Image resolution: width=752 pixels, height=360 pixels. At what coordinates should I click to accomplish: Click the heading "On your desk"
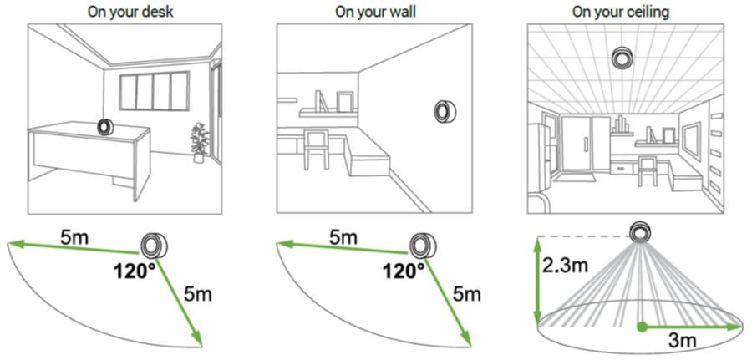click(130, 12)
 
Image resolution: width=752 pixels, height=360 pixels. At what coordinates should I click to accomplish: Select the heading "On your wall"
click(375, 12)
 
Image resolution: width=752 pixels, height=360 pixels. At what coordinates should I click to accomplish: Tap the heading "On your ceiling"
click(621, 12)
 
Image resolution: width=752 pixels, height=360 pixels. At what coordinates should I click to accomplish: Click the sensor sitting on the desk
click(105, 127)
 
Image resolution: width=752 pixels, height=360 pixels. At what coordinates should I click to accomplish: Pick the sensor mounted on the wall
click(445, 112)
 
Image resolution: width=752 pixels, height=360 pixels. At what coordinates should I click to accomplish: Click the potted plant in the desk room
click(199, 142)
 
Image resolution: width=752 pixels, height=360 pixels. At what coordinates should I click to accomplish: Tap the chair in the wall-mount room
click(317, 150)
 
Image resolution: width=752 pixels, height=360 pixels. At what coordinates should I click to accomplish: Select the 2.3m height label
click(565, 264)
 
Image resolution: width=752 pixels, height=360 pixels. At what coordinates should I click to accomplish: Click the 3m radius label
click(682, 340)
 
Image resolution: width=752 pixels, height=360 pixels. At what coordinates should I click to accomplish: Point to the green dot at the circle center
click(641, 327)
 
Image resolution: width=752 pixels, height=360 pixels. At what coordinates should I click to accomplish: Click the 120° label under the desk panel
click(135, 271)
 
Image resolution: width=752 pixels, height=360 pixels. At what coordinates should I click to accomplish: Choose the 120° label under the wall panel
click(404, 271)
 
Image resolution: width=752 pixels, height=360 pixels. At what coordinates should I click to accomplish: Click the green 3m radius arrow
click(691, 327)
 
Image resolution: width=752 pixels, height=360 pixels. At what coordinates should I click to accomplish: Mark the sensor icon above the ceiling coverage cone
click(640, 231)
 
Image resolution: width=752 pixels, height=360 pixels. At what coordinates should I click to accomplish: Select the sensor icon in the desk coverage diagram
click(154, 246)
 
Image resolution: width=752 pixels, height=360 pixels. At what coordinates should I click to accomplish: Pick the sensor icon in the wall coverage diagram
click(423, 246)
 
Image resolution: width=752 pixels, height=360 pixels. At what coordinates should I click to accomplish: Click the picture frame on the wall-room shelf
click(344, 101)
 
